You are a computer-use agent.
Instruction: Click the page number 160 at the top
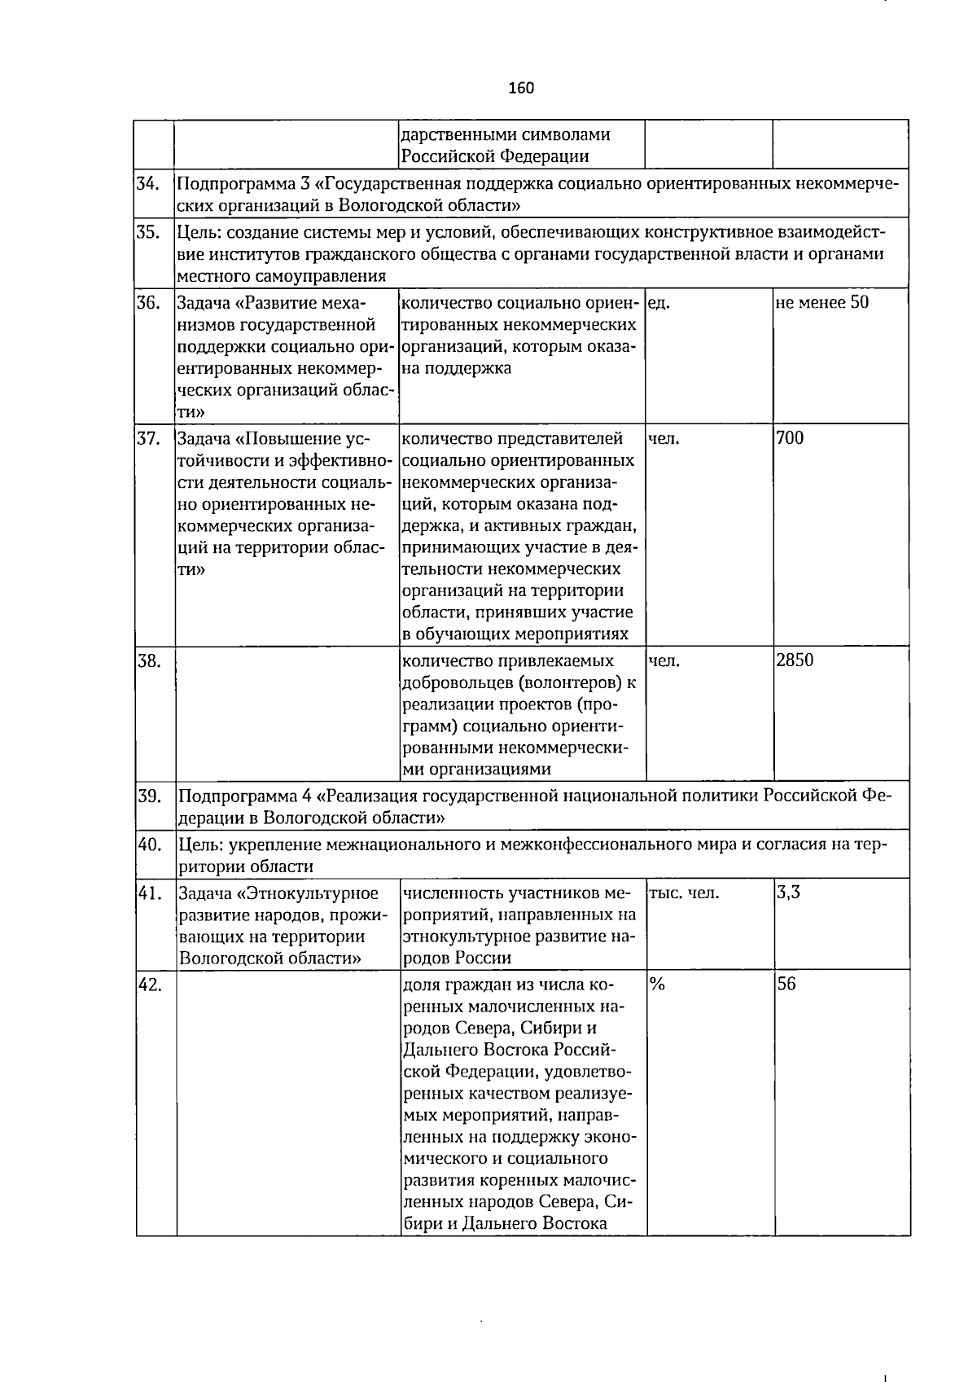pyautogui.click(x=521, y=87)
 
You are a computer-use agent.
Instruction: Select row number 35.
pyautogui.click(x=148, y=232)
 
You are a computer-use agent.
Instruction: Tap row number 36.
pyautogui.click(x=148, y=303)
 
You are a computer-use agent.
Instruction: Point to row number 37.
pyautogui.click(x=148, y=439)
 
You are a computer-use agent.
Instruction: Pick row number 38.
pyautogui.click(x=148, y=660)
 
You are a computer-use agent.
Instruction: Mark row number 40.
pyautogui.click(x=149, y=845)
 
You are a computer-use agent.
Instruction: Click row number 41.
pyautogui.click(x=148, y=893)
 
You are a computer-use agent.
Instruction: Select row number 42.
pyautogui.click(x=148, y=985)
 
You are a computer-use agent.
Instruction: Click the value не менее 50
pyautogui.click(x=822, y=303)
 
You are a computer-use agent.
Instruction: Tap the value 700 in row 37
pyautogui.click(x=790, y=439)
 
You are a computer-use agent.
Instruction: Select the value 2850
pyautogui.click(x=795, y=660)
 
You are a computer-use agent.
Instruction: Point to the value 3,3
pyautogui.click(x=788, y=893)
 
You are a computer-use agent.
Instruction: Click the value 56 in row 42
pyautogui.click(x=786, y=984)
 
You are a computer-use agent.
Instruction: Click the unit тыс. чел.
pyautogui.click(x=684, y=893)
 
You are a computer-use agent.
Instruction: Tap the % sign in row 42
pyautogui.click(x=657, y=985)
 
